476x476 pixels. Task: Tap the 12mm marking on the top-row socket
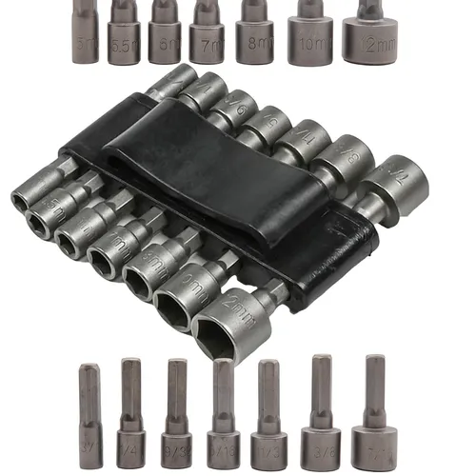[x=373, y=46]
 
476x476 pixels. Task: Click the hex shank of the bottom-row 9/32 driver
[x=176, y=386]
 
